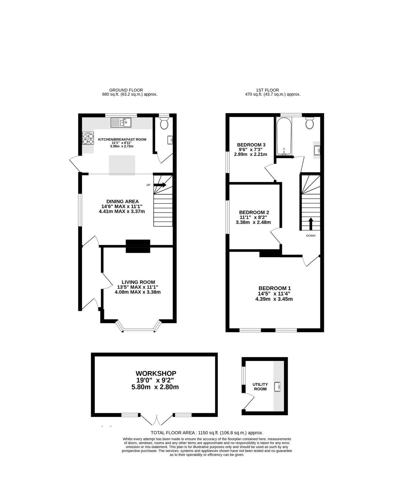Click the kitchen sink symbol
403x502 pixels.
click(121, 122)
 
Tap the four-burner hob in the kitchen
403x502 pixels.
click(88, 138)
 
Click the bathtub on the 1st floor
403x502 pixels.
click(284, 136)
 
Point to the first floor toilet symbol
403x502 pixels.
click(310, 123)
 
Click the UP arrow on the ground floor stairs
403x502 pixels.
click(160, 185)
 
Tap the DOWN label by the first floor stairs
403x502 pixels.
click(311, 236)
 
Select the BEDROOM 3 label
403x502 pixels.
click(251, 145)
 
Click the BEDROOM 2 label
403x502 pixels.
click(254, 212)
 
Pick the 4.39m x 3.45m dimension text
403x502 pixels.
click(274, 299)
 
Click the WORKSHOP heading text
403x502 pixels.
click(156, 373)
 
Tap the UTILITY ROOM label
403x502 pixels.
click(260, 386)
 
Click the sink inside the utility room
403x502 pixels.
click(277, 387)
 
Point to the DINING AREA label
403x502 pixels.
click(122, 201)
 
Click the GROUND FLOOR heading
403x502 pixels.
click(126, 90)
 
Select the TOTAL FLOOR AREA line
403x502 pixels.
click(207, 433)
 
